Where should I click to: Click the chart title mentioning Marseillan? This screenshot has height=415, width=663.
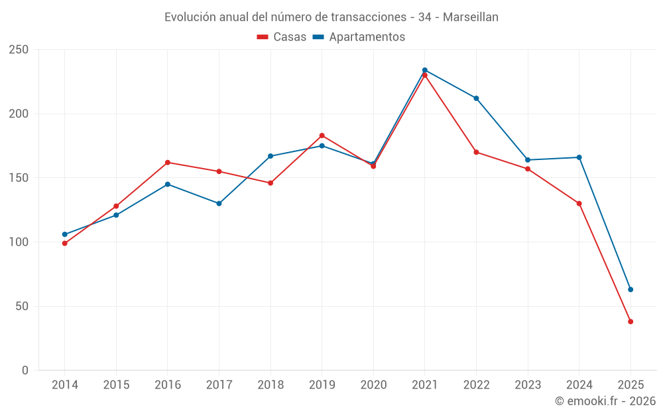click(x=331, y=17)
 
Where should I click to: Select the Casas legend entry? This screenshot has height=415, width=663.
click(x=282, y=37)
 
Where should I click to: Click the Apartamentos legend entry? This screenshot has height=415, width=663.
click(x=359, y=37)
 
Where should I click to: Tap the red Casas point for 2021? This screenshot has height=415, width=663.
click(x=425, y=75)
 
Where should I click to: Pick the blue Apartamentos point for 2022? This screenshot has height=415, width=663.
click(x=476, y=98)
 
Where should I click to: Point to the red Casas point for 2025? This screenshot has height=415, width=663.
click(x=631, y=321)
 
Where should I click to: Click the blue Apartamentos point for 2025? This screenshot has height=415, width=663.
click(x=631, y=290)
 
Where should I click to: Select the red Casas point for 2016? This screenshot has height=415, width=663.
click(x=168, y=163)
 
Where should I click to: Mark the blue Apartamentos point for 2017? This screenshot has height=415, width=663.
click(x=219, y=204)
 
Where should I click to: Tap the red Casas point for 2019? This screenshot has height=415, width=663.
click(x=322, y=135)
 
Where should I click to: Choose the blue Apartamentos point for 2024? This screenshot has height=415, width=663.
click(x=579, y=157)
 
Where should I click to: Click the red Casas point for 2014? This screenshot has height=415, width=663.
click(x=65, y=243)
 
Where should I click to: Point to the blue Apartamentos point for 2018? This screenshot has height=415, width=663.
click(x=271, y=156)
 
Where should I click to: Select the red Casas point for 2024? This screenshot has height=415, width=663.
click(x=579, y=204)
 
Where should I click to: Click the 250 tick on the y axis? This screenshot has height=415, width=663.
click(x=19, y=50)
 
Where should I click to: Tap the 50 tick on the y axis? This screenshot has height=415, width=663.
click(x=22, y=306)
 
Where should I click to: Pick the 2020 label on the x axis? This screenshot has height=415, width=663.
click(x=373, y=385)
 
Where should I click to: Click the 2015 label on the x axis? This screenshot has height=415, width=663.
click(x=116, y=385)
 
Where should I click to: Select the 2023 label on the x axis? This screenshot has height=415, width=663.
click(x=528, y=385)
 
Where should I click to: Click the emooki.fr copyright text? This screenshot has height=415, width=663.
click(x=605, y=401)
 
